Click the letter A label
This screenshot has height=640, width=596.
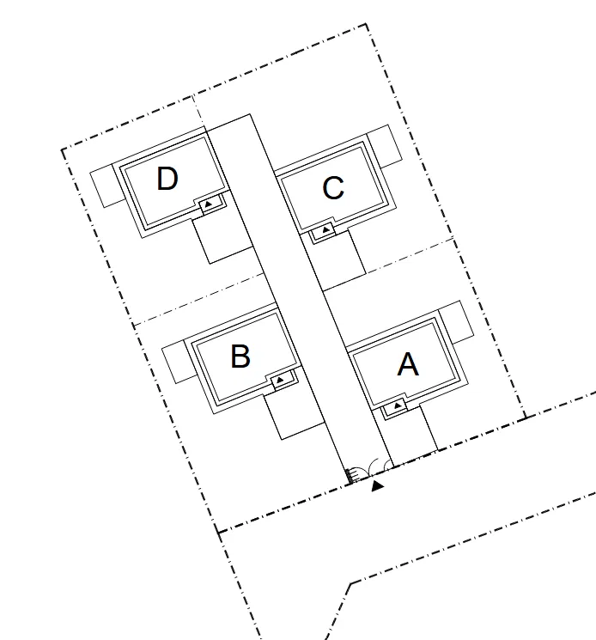(x=408, y=364)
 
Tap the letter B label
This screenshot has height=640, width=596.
(x=240, y=357)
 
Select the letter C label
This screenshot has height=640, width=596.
(x=333, y=188)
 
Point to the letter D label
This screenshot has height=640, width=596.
(x=167, y=179)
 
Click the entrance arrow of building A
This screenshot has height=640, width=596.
(x=397, y=405)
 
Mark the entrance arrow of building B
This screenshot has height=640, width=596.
(x=280, y=380)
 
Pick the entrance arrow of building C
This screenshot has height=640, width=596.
(x=325, y=229)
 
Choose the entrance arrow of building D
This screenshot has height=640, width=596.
(x=209, y=204)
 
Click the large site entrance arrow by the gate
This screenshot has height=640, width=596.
(x=377, y=485)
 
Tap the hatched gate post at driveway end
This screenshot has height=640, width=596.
(x=350, y=477)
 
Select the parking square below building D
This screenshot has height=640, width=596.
(x=222, y=240)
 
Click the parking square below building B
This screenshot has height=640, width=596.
(x=294, y=415)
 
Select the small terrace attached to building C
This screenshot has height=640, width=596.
(x=384, y=146)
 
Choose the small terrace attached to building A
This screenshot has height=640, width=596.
(x=457, y=322)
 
